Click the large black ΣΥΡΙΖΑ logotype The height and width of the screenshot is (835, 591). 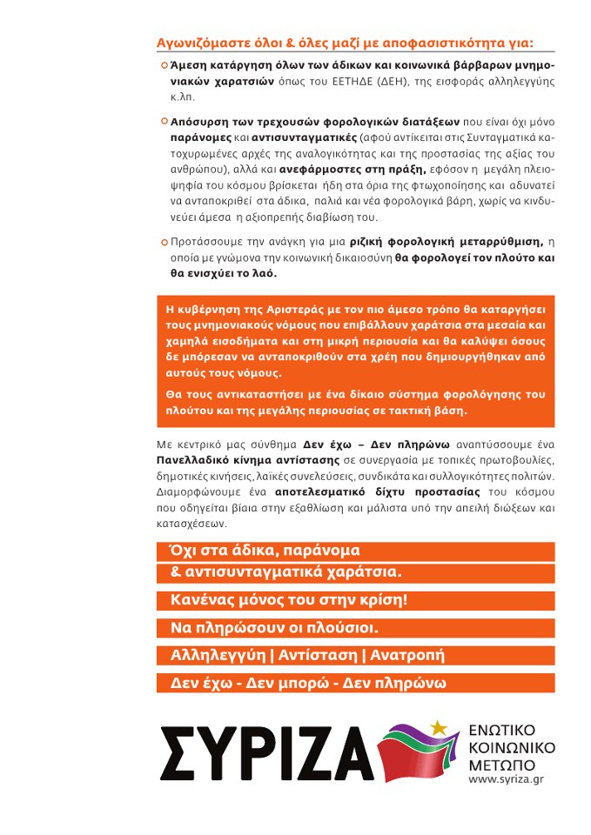click(x=265, y=751)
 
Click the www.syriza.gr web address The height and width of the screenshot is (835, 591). click(x=504, y=778)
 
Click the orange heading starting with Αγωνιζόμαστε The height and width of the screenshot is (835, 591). click(x=345, y=42)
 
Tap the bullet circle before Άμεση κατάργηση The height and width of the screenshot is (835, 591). click(x=164, y=65)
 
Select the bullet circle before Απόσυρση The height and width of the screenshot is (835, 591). click(x=164, y=123)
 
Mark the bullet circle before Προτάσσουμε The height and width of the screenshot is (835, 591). click(x=164, y=242)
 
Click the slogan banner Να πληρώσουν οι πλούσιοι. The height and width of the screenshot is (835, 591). click(x=274, y=628)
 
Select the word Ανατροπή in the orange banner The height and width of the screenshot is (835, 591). click(x=406, y=655)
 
